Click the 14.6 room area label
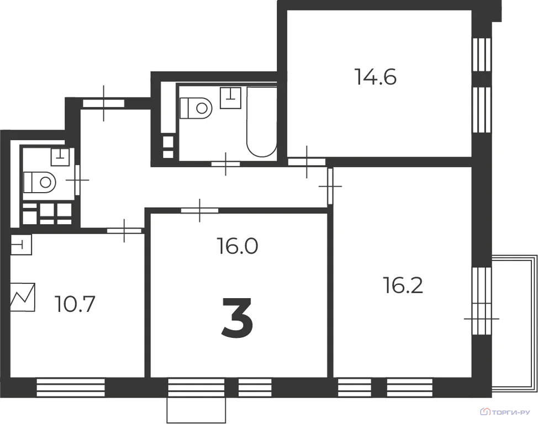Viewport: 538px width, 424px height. [x=376, y=77]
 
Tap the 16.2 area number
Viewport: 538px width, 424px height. [x=403, y=285]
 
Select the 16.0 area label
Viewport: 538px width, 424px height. [x=237, y=246]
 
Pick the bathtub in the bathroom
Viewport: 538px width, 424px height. [x=261, y=121]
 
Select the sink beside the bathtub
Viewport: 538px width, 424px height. [x=230, y=98]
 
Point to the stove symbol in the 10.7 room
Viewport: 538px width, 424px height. [x=23, y=297]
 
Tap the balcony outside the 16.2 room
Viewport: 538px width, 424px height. [x=514, y=324]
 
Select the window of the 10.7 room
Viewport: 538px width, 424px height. [x=71, y=387]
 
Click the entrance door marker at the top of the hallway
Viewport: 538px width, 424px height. [x=104, y=103]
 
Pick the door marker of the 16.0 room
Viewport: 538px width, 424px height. [x=200, y=210]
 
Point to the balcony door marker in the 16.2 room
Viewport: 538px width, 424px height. [x=481, y=319]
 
